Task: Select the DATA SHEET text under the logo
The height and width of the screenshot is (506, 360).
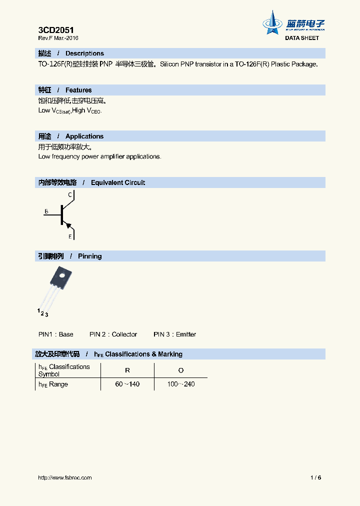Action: (x=302, y=38)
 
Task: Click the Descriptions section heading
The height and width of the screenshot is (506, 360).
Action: (x=84, y=53)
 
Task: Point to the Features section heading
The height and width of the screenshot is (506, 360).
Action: (x=78, y=90)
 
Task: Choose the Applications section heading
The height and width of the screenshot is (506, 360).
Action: (x=84, y=136)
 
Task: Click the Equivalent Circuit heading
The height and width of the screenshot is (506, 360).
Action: (x=117, y=183)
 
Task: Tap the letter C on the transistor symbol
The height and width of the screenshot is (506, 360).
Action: (x=70, y=194)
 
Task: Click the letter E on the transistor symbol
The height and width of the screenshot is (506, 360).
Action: (x=70, y=236)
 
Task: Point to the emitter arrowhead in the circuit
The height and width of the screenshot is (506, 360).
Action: (x=68, y=226)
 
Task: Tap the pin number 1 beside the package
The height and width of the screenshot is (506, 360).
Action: (x=38, y=310)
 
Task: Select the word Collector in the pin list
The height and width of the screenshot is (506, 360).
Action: (x=124, y=334)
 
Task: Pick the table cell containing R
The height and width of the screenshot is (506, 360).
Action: (x=127, y=370)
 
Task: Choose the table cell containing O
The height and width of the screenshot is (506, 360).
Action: (x=181, y=370)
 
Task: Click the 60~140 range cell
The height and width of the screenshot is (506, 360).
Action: (x=127, y=384)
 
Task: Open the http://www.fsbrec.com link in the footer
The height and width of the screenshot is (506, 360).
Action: (x=65, y=477)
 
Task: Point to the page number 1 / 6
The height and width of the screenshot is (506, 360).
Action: (x=315, y=477)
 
